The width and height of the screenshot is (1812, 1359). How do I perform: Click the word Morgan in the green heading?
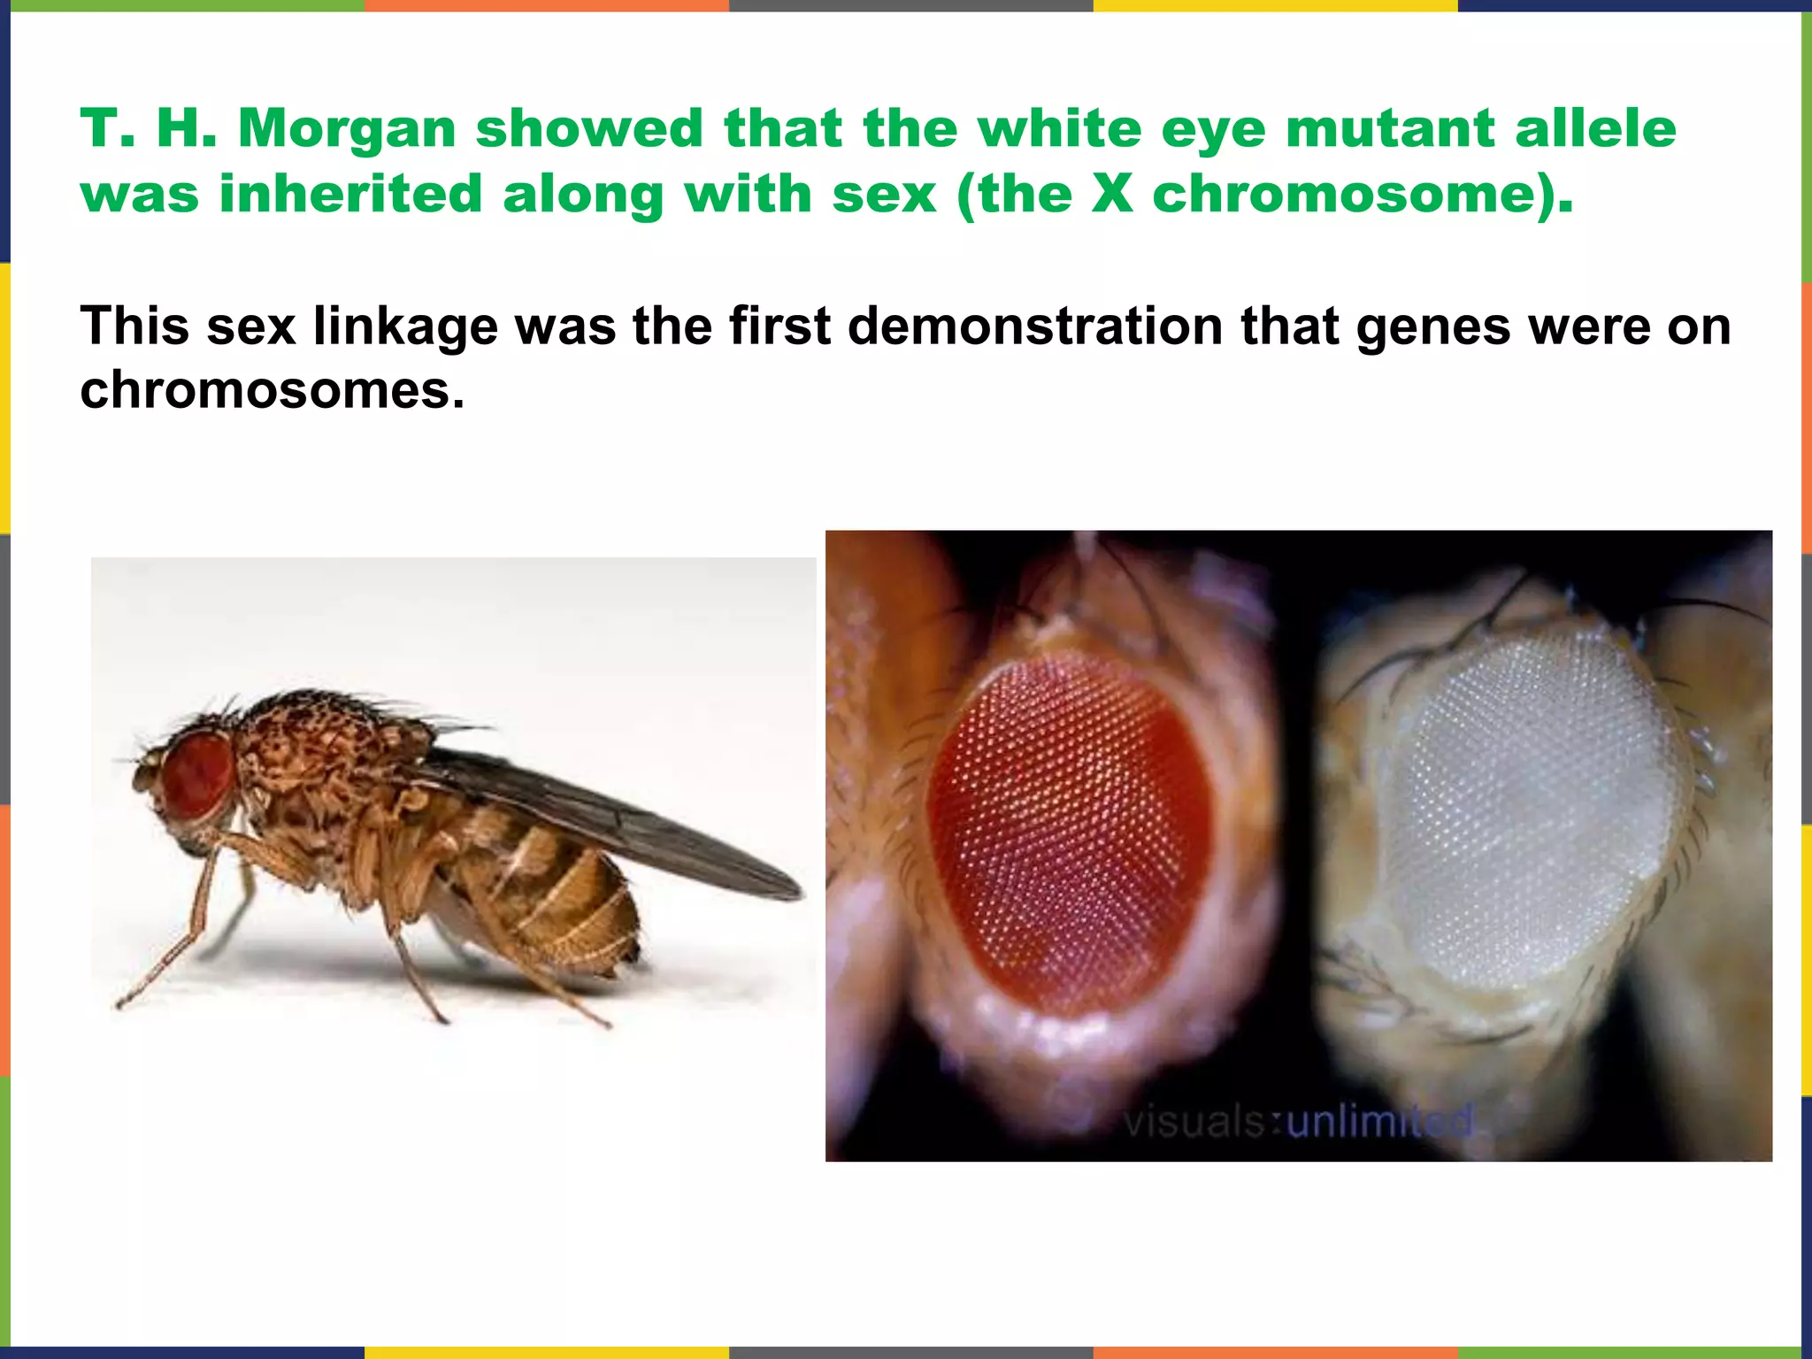point(347,129)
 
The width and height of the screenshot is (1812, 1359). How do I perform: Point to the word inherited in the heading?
point(350,194)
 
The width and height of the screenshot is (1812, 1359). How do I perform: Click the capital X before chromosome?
point(1112,194)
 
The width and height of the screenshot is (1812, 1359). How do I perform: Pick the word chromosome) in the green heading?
point(1363,196)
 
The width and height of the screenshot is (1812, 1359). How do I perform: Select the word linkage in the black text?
point(404,326)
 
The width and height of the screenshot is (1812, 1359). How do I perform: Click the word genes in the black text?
point(1432,326)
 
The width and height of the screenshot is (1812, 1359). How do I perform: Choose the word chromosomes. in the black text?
point(272,390)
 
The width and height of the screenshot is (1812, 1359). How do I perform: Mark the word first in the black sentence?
point(779,326)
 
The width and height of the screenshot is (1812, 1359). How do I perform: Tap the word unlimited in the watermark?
point(1380,1122)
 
